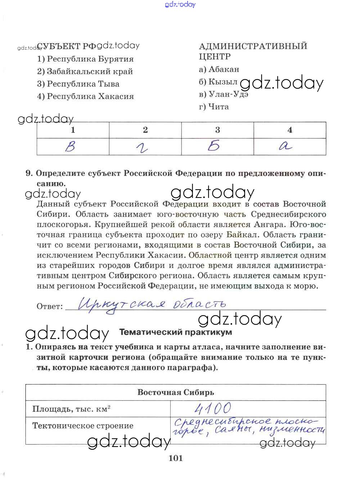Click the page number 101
(175, 458)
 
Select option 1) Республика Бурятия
(85, 59)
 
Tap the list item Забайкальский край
(85, 72)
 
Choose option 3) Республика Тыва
(78, 84)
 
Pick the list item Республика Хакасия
(85, 96)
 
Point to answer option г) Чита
(214, 107)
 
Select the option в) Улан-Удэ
(224, 94)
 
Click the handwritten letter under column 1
(71, 146)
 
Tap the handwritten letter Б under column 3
(214, 146)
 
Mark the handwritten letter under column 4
(286, 146)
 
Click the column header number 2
(145, 130)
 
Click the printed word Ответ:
(50, 307)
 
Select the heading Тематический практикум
(175, 332)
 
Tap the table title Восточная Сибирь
(176, 392)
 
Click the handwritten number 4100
(213, 408)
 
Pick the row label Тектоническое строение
(83, 426)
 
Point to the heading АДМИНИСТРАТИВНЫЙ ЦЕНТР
(253, 51)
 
